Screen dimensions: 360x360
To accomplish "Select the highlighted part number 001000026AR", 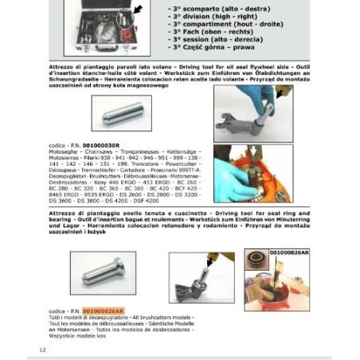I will pos(104,311).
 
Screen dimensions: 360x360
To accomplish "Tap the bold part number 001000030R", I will pos(101,145).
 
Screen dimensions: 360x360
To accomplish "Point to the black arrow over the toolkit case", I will pos(136,10).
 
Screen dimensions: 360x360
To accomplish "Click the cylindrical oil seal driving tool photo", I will pos(120,113).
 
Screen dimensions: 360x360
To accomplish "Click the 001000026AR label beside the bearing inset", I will pos(288,252).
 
